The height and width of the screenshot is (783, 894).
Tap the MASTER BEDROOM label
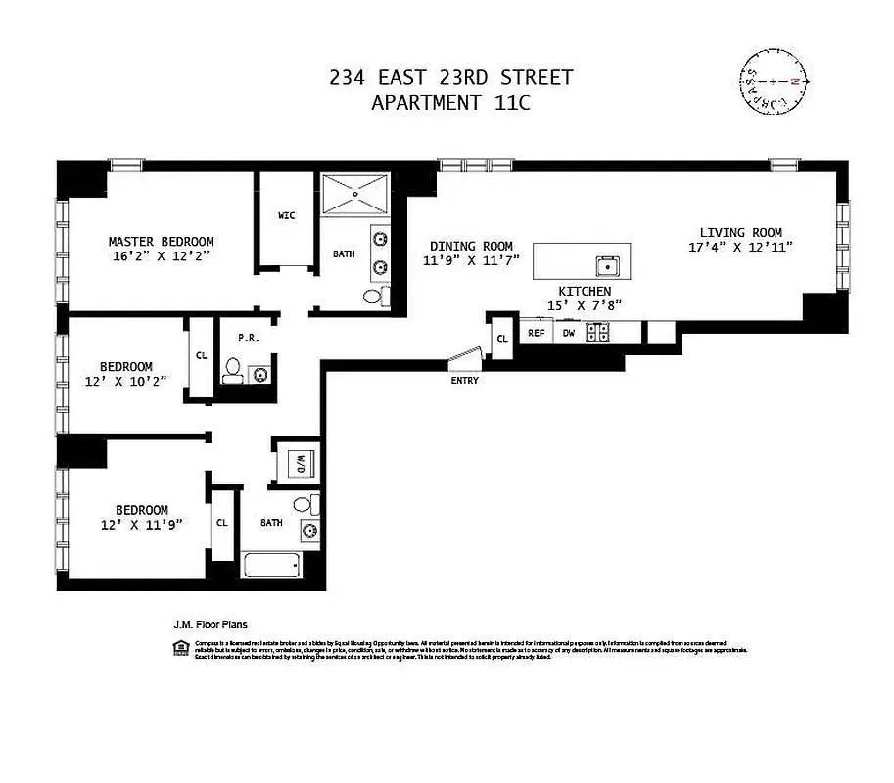(161, 242)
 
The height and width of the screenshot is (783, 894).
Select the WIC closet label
(286, 215)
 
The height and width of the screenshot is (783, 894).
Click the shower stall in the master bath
(355, 194)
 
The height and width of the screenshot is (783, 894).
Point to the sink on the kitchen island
(607, 264)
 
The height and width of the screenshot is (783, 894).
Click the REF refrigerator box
(537, 333)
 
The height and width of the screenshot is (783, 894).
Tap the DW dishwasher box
(569, 333)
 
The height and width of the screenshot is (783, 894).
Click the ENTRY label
(465, 380)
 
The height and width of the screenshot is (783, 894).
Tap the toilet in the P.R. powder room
(233, 370)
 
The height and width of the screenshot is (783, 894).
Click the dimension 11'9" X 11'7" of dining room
(471, 260)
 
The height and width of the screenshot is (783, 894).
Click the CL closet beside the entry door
(502, 339)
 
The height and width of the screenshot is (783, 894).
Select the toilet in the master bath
(373, 296)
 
